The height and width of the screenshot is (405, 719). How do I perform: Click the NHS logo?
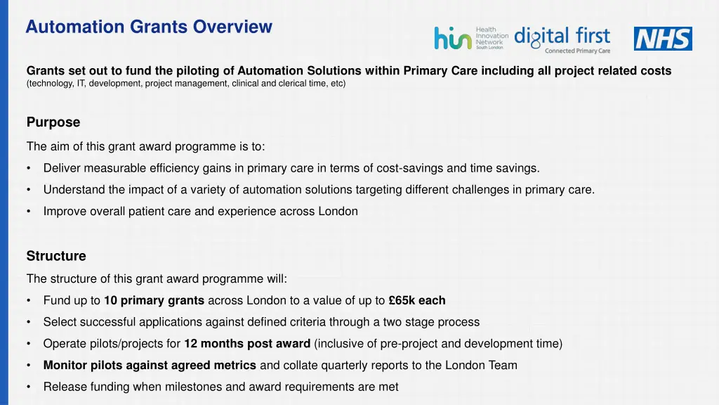(662, 39)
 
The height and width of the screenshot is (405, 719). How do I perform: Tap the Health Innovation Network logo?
(471, 38)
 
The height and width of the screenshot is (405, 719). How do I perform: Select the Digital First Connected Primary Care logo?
(562, 39)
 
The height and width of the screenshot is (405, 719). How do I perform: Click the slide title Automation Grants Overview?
(148, 27)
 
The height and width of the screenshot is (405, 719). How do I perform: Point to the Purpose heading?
(53, 122)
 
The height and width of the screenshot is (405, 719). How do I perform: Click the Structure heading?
(56, 256)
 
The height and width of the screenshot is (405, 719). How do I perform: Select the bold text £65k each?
(417, 300)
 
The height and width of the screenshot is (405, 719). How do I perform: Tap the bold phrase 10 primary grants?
(154, 300)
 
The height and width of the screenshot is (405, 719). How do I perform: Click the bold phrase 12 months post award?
(247, 344)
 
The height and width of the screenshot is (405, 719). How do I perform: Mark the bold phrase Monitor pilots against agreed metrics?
(150, 366)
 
